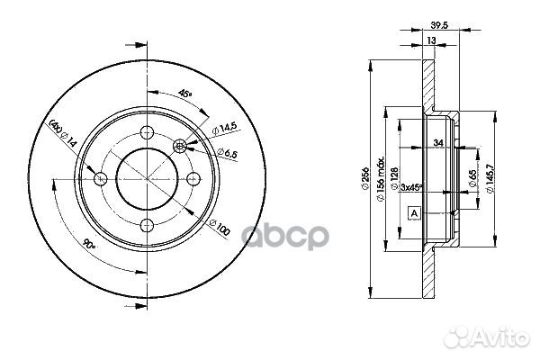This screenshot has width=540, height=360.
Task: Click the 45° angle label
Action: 184,93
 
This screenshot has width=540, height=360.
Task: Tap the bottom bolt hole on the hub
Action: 148,224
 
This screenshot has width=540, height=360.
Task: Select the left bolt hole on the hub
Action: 102,178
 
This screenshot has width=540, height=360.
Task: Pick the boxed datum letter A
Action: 414,213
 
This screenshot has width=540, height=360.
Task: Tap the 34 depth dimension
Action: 438,142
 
